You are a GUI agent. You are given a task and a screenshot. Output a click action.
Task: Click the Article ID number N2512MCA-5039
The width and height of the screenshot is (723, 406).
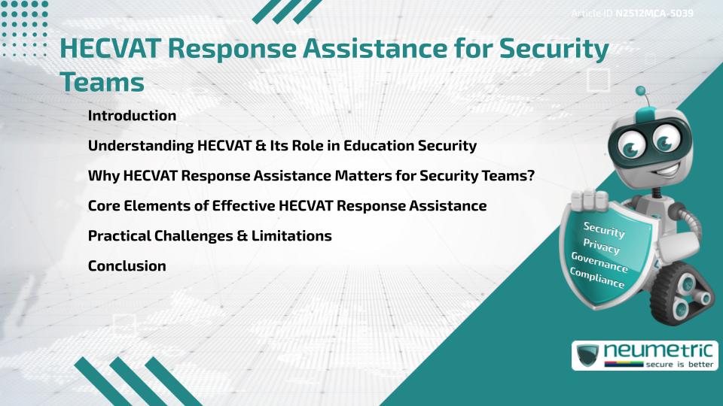point(654,14)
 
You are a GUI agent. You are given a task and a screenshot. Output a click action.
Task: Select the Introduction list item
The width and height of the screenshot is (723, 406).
point(132,116)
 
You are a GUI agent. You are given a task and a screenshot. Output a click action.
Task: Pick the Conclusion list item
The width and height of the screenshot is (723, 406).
point(127,265)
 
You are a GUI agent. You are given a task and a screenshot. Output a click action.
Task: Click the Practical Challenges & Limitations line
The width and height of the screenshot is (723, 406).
point(209,235)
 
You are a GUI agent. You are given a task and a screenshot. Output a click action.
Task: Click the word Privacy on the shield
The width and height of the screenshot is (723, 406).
point(601,246)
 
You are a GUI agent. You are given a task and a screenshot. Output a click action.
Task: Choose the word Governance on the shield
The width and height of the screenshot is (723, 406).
point(599,262)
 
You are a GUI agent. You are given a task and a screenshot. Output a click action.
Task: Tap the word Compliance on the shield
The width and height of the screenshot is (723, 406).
point(597,278)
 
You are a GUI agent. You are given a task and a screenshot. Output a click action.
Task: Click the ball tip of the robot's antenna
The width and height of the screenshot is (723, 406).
point(641,91)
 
